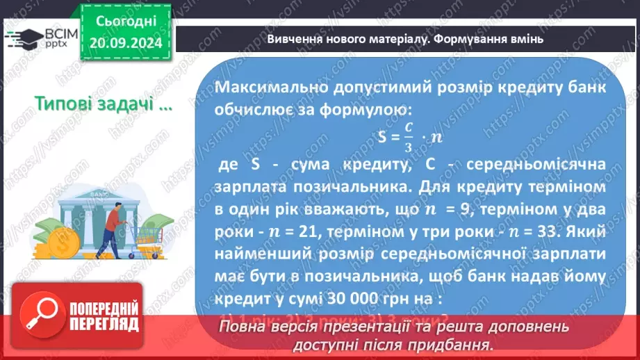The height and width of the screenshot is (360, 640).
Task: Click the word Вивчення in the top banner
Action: [295, 39]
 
